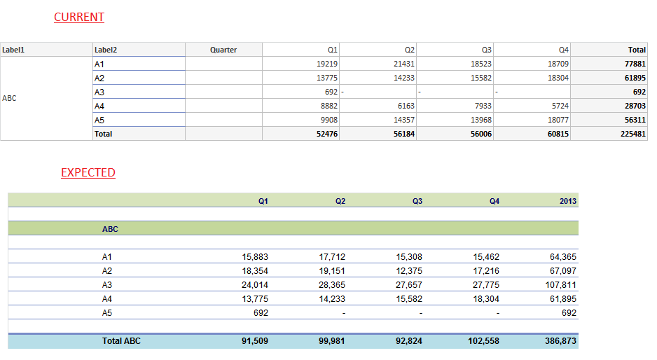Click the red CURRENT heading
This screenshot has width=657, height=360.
79,17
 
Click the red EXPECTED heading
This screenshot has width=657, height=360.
88,172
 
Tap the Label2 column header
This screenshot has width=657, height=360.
106,50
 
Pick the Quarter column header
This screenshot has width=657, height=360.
223,50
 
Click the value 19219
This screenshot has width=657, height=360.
327,64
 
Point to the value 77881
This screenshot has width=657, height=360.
635,64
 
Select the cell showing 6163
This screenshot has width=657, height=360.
404,106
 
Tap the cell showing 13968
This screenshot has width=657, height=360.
481,120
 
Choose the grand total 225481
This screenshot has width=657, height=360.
632,134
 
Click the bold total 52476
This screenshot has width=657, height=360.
327,134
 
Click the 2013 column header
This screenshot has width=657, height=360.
567,201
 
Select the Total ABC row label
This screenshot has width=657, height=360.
123,341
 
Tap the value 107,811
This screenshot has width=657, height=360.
560,285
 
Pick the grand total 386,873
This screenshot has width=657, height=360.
560,341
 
